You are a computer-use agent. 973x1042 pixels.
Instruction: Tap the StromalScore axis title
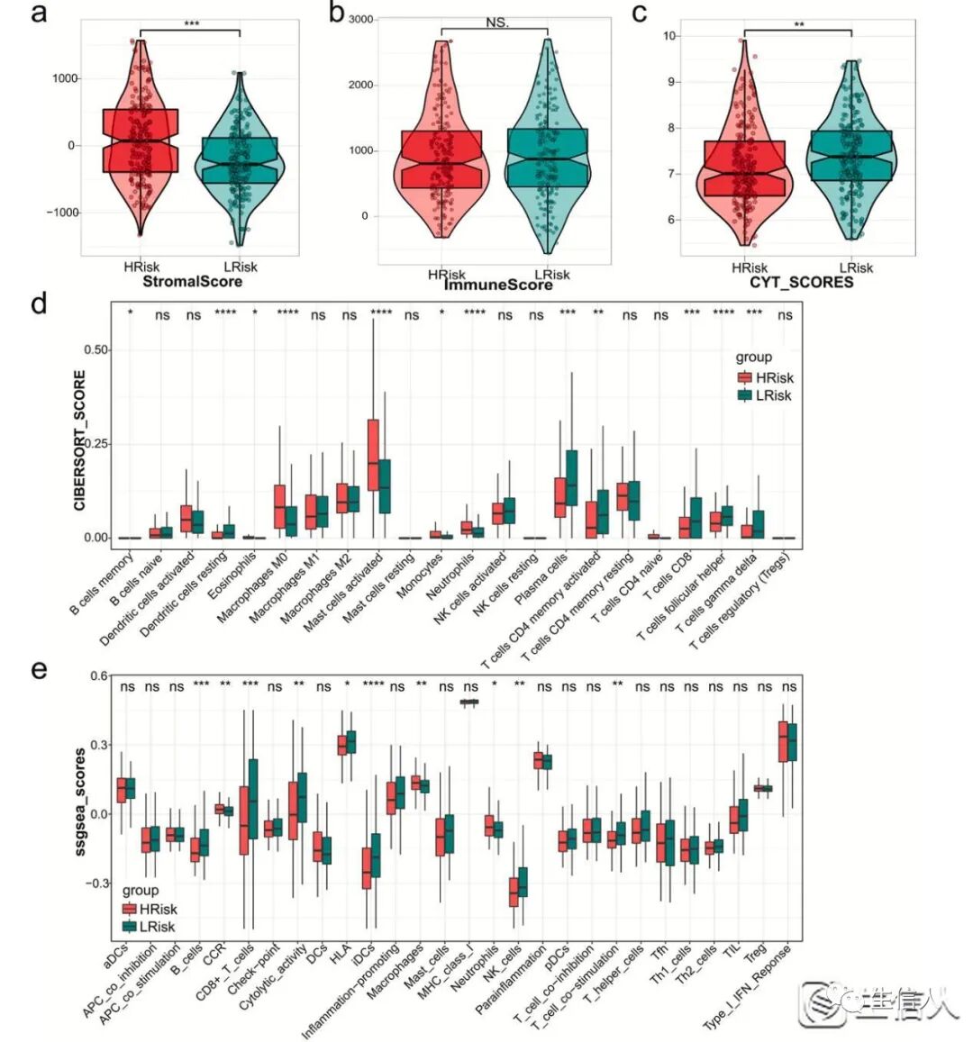(x=191, y=281)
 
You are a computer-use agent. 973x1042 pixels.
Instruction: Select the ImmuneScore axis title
(x=498, y=285)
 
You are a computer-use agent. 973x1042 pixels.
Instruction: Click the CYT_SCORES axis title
(x=802, y=282)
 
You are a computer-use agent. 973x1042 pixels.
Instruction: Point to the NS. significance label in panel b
(x=497, y=23)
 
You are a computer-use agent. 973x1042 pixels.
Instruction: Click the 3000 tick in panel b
(x=360, y=19)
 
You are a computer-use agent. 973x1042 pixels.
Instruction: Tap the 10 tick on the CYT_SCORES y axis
(x=669, y=36)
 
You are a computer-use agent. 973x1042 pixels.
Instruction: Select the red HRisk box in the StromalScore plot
(x=140, y=140)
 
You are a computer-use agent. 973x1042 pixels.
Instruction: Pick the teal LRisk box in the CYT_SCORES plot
(x=851, y=156)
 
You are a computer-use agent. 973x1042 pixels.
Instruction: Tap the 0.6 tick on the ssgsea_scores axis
(x=98, y=675)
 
